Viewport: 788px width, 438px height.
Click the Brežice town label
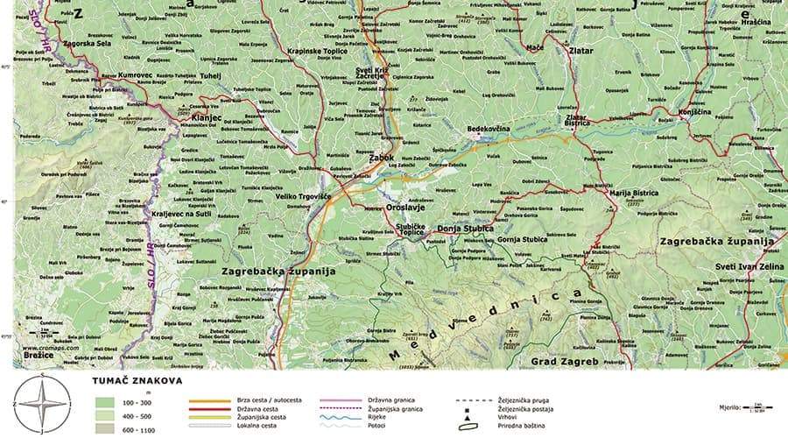[39, 357]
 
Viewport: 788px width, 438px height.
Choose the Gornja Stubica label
[520, 239]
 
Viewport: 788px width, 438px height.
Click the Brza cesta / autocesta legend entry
[269, 399]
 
